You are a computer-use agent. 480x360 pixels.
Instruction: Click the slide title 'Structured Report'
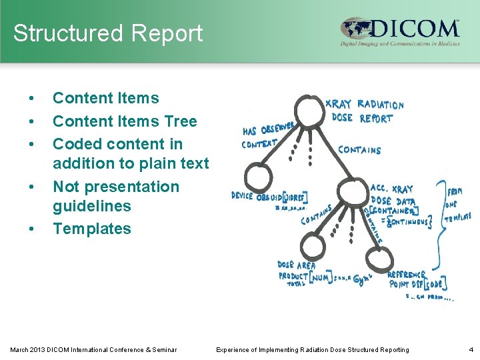click(x=107, y=33)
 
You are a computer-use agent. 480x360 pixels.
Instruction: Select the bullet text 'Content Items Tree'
click(x=125, y=121)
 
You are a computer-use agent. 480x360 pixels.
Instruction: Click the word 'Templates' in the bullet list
click(x=92, y=229)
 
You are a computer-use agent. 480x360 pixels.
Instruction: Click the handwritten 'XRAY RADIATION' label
click(x=364, y=104)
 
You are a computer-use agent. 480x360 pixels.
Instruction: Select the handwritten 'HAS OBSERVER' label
click(x=268, y=129)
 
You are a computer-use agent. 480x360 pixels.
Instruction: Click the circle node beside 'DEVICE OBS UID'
click(x=255, y=177)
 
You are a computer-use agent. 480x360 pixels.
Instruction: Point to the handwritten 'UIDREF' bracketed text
click(x=294, y=197)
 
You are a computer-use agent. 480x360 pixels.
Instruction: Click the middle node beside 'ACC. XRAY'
click(x=349, y=194)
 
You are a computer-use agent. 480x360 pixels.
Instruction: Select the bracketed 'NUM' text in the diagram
click(x=319, y=277)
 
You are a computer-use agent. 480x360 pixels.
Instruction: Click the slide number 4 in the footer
click(x=470, y=349)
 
